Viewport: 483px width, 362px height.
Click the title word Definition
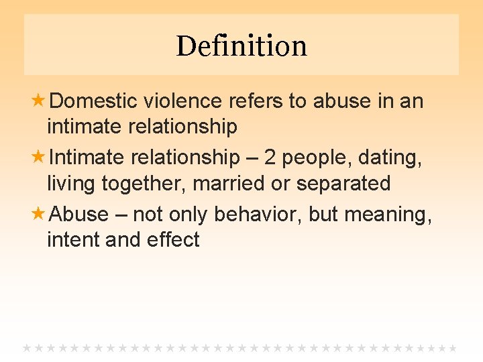(241, 46)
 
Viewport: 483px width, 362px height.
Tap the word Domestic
(93, 101)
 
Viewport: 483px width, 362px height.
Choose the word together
(144, 184)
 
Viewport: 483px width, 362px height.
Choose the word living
(72, 184)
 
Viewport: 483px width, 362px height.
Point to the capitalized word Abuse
(79, 215)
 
